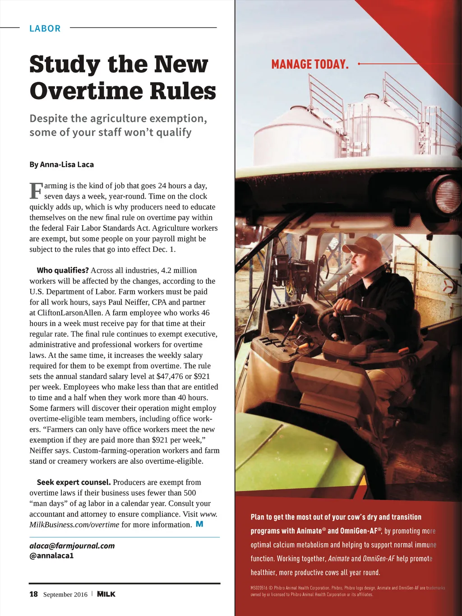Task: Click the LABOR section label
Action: (x=45, y=28)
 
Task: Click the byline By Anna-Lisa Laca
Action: (x=61, y=164)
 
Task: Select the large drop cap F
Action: (x=36, y=191)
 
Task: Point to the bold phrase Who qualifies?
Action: (x=63, y=270)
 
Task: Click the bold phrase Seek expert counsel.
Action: (x=74, y=482)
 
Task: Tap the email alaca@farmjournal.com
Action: (x=72, y=546)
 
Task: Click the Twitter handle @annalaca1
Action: (x=51, y=556)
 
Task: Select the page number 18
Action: (x=33, y=594)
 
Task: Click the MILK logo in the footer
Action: (x=106, y=594)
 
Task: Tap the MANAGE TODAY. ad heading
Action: (x=310, y=65)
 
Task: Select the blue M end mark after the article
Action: (x=199, y=524)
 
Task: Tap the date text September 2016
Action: (x=65, y=594)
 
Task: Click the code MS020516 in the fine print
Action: (x=259, y=588)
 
